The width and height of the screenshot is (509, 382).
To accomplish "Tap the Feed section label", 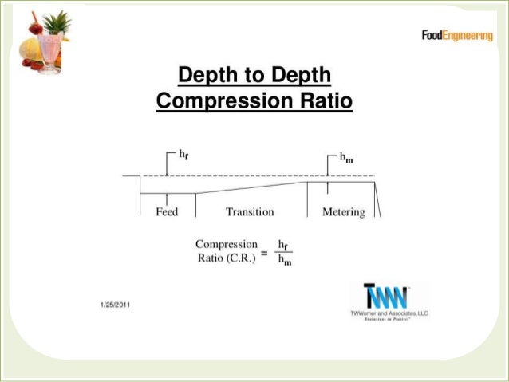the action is [x=167, y=212].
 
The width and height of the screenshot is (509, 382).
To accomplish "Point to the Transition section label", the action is [x=250, y=212].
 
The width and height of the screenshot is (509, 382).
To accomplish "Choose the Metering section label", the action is [x=343, y=212].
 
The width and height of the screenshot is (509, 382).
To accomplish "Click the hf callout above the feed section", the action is [x=183, y=156].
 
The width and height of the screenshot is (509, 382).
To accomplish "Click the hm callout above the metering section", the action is [x=347, y=158].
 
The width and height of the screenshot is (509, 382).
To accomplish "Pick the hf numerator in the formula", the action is [x=283, y=245].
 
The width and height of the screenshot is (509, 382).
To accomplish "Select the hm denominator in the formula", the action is [x=283, y=261].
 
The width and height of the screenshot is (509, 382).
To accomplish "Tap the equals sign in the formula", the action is [x=264, y=252].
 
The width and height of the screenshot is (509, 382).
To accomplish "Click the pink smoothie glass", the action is [x=49, y=52].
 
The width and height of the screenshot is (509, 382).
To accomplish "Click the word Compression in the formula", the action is [x=227, y=244].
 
